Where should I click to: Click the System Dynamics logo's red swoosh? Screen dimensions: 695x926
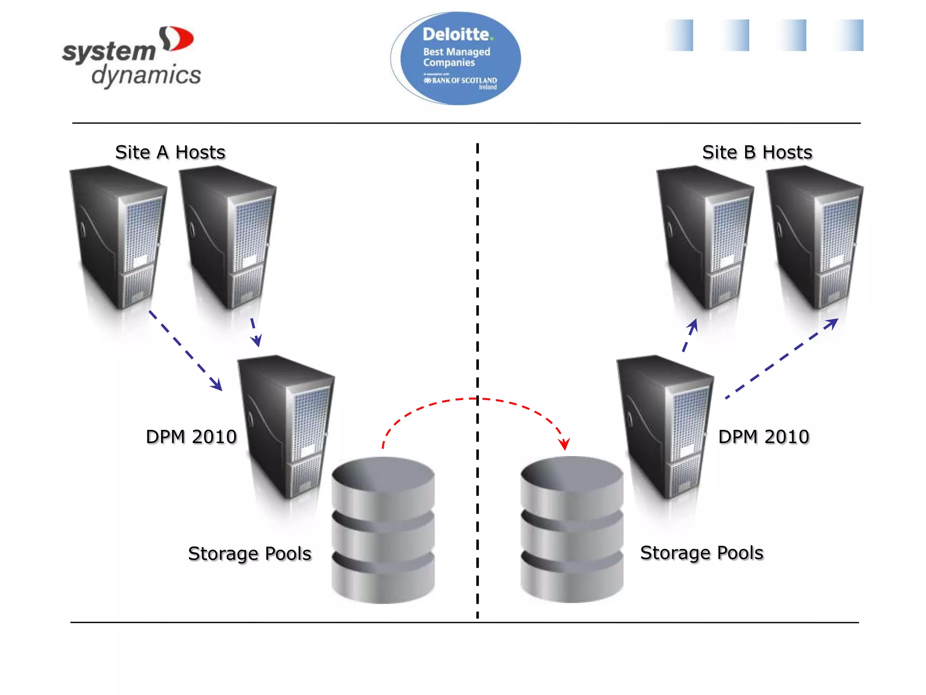pos(179,39)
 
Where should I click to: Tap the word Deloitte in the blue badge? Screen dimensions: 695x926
pos(457,34)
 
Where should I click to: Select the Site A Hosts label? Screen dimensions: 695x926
pos(170,152)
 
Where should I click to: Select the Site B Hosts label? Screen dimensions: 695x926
pos(757,152)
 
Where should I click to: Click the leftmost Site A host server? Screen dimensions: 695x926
pos(118,238)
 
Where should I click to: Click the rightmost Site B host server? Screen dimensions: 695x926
pos(815,238)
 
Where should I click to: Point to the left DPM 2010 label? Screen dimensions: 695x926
pos(191,437)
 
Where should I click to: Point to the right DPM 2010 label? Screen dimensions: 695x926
pos(764,437)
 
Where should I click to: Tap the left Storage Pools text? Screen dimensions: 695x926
pos(250,554)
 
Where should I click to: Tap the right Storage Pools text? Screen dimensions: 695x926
pos(702,553)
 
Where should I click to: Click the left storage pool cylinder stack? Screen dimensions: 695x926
pos(383,529)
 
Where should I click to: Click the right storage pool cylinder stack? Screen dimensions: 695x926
pos(572,529)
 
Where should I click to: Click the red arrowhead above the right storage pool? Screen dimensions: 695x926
pos(564,444)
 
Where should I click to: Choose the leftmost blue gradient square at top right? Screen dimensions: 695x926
pos(680,35)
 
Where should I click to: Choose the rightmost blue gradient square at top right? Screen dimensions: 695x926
pos(850,35)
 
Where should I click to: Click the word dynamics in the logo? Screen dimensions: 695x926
pos(146,75)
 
